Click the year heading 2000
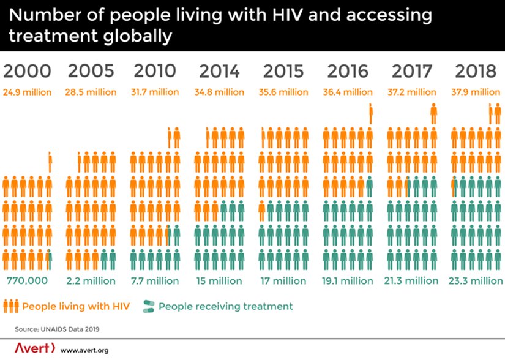tap(27, 71)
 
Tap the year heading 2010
tap(154, 71)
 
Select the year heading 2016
tap(348, 71)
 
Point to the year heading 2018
tap(476, 71)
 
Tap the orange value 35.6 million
tap(283, 92)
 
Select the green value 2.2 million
tap(91, 281)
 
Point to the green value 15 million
tap(219, 281)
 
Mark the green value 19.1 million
tap(348, 281)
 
